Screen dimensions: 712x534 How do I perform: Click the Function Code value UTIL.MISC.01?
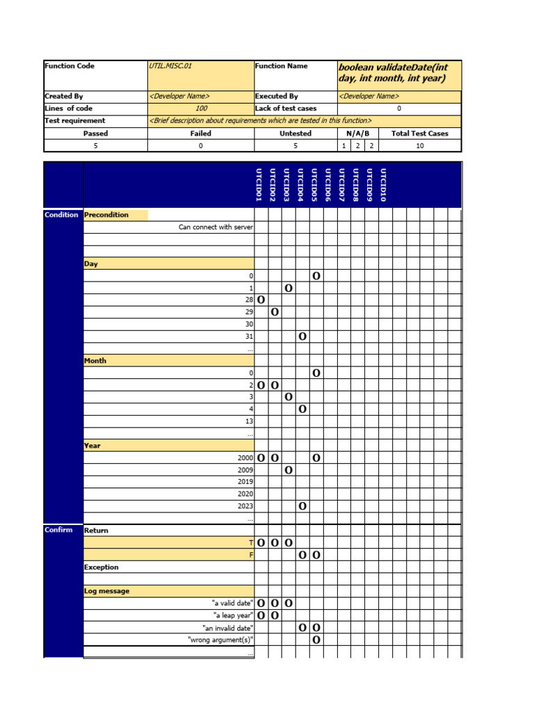point(170,66)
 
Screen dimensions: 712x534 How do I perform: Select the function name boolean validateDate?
point(393,73)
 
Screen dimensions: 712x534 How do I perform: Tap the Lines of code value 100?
point(201,108)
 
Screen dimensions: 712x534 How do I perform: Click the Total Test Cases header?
point(419,133)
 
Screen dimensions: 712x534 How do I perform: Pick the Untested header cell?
point(296,133)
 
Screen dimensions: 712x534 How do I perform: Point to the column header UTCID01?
point(259,185)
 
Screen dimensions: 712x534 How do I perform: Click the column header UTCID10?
point(384,185)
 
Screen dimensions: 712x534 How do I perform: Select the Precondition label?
point(106,215)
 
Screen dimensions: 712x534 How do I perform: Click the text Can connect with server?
point(216,227)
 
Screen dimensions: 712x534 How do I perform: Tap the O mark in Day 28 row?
point(261,300)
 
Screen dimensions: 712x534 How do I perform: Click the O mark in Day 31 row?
point(302,337)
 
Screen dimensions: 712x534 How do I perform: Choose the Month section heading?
point(95,361)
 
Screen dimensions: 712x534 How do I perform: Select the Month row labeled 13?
point(249,421)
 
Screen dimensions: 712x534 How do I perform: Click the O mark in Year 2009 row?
point(289,471)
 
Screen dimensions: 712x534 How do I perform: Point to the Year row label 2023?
point(245,506)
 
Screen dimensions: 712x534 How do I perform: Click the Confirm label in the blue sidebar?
point(58,531)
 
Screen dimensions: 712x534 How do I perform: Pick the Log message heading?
point(106,591)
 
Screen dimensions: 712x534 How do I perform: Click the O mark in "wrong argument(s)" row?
point(316,640)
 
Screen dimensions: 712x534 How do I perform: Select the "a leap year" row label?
point(233,615)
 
